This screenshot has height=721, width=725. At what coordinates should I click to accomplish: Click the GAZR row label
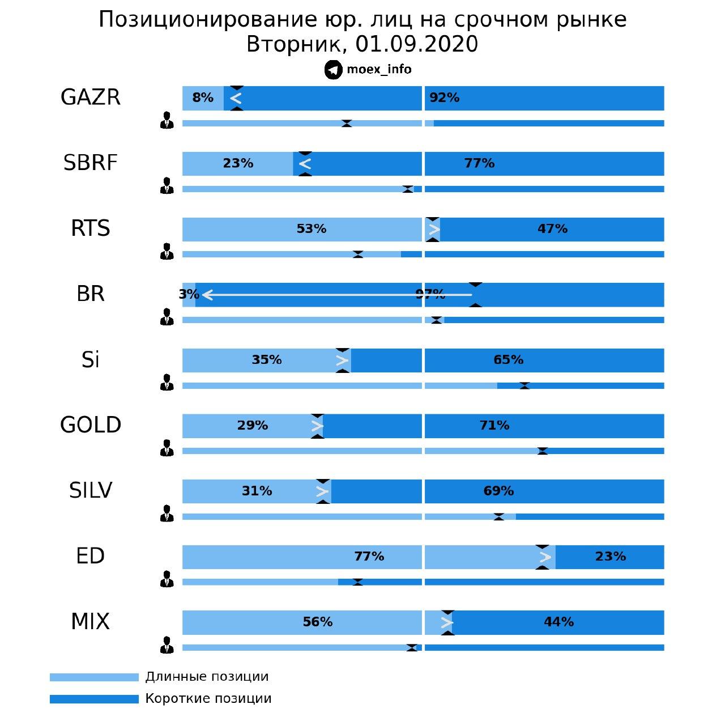tap(91, 97)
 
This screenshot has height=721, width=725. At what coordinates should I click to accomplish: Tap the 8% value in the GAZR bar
tap(203, 98)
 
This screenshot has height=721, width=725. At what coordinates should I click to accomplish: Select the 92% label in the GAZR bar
tap(444, 98)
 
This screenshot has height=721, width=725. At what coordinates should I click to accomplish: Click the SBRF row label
tap(91, 163)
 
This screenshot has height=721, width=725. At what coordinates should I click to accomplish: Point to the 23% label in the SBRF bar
tap(238, 164)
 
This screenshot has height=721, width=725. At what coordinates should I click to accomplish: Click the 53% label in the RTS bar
tap(312, 229)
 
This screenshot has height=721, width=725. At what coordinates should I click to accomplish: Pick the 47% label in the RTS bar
tap(552, 229)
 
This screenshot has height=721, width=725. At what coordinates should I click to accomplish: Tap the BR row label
tap(91, 294)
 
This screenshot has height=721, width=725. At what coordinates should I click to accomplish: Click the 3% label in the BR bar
tap(189, 295)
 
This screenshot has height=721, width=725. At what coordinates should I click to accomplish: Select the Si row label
tap(91, 360)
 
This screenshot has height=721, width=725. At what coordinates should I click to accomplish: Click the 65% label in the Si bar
tap(508, 360)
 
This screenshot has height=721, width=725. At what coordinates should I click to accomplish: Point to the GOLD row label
tap(91, 425)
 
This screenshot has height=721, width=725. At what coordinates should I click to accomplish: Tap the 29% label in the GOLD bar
tap(253, 426)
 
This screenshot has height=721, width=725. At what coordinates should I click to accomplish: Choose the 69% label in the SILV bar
tap(498, 491)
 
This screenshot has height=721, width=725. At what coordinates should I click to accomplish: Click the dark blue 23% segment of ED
tap(610, 557)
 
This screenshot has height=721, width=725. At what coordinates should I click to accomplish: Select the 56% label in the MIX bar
tap(318, 622)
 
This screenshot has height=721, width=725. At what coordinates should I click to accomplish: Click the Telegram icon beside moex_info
tap(334, 70)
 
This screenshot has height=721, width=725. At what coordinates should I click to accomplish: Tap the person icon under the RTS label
tap(167, 251)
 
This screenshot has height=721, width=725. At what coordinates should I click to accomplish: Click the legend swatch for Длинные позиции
tap(94, 677)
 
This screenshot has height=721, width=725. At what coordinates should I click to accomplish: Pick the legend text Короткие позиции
tap(208, 699)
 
